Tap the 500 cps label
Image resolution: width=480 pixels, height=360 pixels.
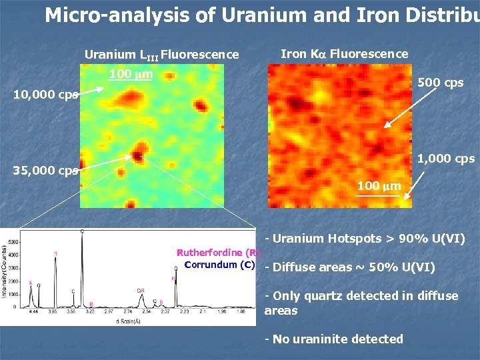440,83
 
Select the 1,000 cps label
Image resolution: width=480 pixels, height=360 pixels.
446,159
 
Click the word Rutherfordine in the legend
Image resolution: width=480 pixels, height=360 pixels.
209,253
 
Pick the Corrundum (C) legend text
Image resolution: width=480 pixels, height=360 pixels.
219,265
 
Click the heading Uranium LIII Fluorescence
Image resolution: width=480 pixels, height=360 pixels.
161,55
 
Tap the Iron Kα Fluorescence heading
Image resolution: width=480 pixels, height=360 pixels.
345,54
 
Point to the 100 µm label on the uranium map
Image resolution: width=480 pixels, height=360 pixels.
131,73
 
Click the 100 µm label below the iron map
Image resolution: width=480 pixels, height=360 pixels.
379,186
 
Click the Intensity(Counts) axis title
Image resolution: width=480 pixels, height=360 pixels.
5,273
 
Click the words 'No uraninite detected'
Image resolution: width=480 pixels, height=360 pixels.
337,339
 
